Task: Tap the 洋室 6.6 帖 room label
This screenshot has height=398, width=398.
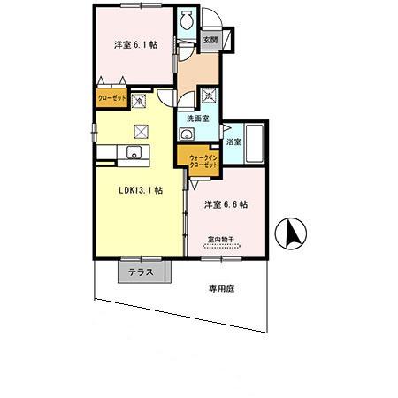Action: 226,204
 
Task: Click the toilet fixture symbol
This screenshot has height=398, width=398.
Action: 187,20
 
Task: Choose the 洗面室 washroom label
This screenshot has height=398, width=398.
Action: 197,119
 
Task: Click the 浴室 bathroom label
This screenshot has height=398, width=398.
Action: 233,142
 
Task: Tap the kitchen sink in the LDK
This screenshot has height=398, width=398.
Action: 134,157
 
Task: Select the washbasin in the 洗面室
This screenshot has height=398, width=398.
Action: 187,134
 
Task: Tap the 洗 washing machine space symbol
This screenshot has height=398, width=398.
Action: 208,95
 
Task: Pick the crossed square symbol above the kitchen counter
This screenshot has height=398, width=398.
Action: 140,132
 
